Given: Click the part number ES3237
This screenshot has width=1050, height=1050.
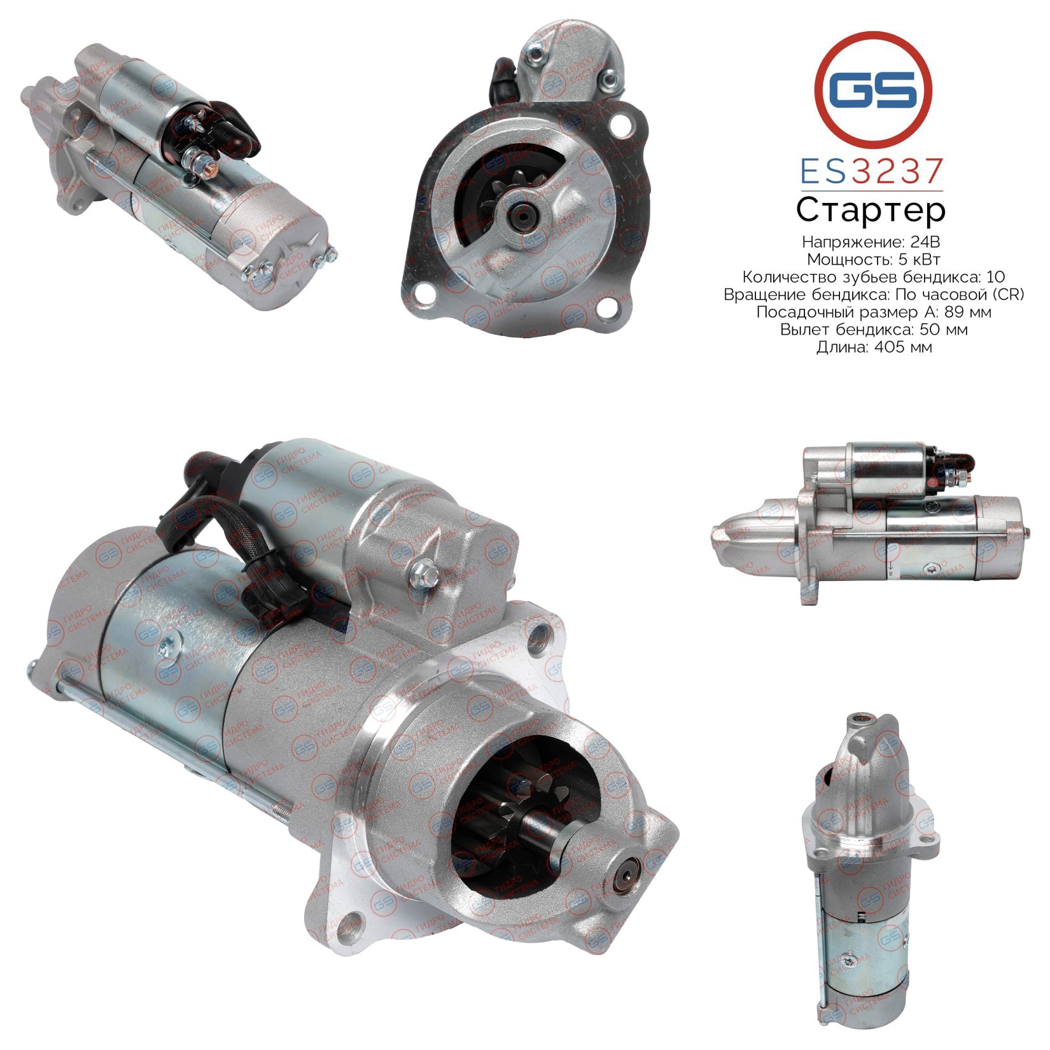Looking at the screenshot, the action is click(x=871, y=172).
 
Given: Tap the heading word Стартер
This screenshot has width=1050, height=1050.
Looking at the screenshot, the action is click(x=871, y=211).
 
